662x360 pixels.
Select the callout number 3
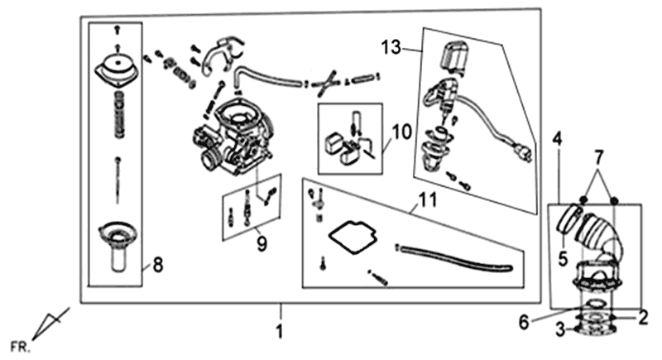click(559, 331)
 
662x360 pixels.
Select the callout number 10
click(401, 131)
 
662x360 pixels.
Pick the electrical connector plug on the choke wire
click(522, 155)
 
